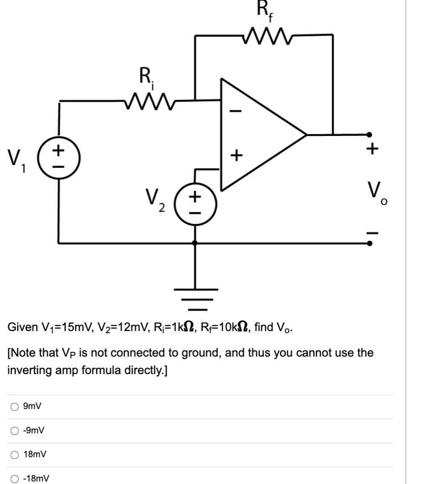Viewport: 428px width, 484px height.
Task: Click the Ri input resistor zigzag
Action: coord(147,101)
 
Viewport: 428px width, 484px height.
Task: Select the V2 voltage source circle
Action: coord(195,202)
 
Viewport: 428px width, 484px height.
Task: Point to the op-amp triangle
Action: coord(256,134)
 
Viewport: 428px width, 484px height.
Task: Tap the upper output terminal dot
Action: coord(370,134)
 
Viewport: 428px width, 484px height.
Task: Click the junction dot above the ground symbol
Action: coord(196,243)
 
